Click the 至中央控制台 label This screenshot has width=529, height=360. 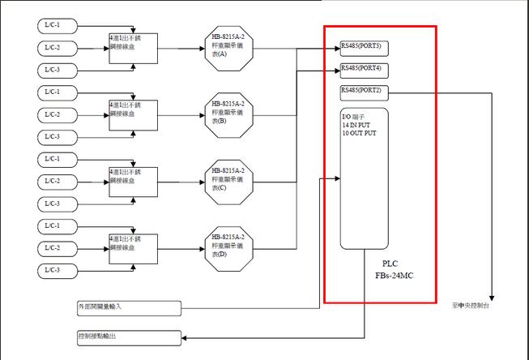470,306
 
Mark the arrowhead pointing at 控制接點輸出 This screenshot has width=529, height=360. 185,335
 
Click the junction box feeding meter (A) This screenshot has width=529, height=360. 133,47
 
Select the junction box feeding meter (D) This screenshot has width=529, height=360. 133,247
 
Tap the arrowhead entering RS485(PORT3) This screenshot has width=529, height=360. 336,47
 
